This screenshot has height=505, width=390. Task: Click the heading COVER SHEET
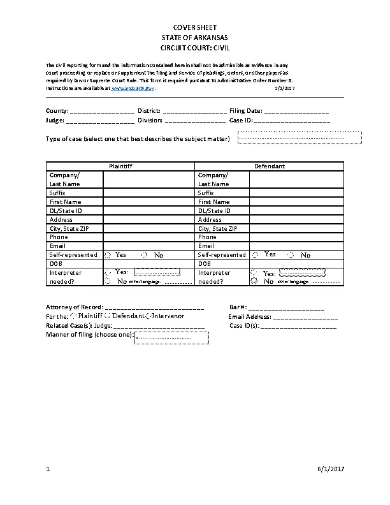[195, 27]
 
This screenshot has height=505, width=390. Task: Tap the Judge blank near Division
[100, 121]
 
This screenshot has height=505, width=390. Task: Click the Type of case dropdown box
[299, 138]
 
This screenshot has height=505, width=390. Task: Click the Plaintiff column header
[120, 166]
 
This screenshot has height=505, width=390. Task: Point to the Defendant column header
[269, 166]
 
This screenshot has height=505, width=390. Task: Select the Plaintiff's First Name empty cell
[148, 201]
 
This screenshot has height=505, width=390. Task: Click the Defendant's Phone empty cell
[296, 237]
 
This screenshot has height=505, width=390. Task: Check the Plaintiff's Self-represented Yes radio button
[108, 255]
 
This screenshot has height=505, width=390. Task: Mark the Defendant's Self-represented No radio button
[291, 255]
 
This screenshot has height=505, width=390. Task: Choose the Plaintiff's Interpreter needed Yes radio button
[107, 273]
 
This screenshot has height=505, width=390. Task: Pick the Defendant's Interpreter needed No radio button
[255, 281]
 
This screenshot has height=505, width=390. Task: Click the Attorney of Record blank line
[154, 308]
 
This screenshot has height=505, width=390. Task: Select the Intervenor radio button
[148, 316]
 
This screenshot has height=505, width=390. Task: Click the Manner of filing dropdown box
[171, 337]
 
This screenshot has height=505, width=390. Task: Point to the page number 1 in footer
[48, 470]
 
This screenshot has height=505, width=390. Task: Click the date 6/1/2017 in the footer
[331, 470]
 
